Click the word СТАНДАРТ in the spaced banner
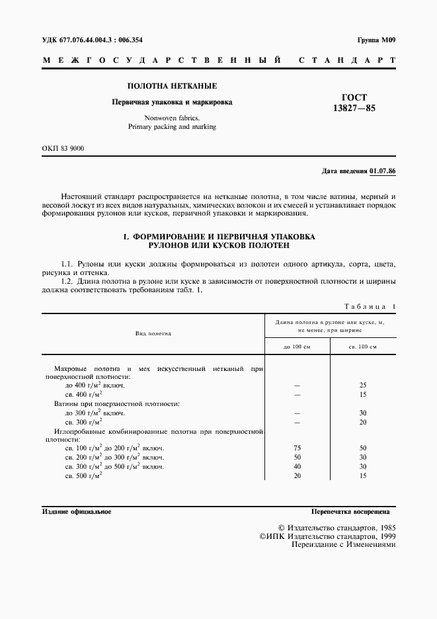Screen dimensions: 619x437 click(347, 60)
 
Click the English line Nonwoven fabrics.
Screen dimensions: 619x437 click(172, 116)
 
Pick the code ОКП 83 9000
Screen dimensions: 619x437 click(63, 148)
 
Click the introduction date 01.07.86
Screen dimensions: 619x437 click(383, 171)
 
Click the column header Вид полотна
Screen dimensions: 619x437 click(153, 333)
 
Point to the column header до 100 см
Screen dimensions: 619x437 click(297, 347)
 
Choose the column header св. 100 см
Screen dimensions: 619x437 click(363, 347)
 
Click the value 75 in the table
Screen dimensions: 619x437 click(297, 448)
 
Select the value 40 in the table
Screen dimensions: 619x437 click(297, 466)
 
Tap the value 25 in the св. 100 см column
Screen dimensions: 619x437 click(363, 384)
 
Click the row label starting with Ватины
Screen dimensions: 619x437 click(116, 403)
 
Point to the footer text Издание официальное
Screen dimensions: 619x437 click(77, 512)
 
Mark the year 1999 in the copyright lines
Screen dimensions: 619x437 click(384, 537)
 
